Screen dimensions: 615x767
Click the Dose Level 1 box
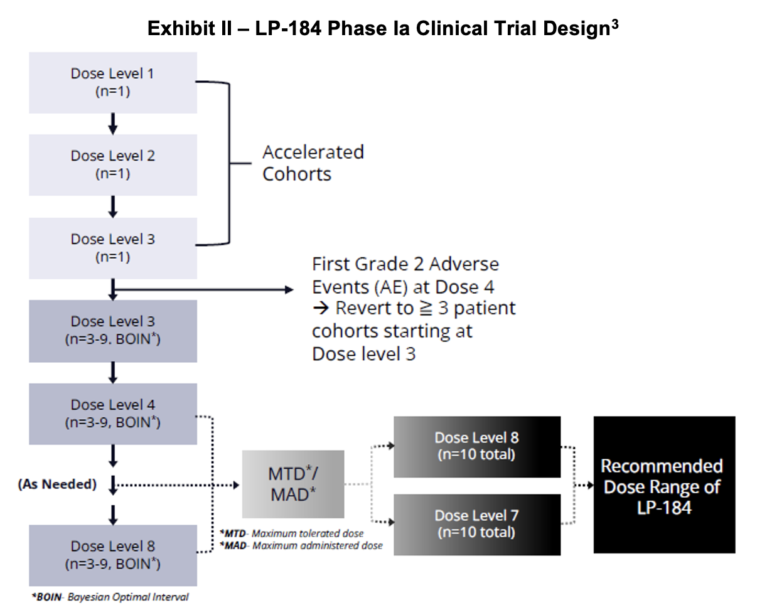(x=113, y=82)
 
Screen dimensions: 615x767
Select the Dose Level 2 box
(x=113, y=164)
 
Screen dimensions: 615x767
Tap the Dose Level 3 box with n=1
(x=113, y=248)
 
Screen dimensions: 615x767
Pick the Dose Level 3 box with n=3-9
(x=113, y=330)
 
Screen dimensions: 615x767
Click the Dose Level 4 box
(x=113, y=414)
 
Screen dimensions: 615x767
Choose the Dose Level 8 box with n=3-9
(x=113, y=555)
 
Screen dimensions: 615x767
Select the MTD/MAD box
(x=293, y=484)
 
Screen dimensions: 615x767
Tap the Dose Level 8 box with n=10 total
(x=476, y=446)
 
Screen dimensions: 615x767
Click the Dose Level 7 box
(x=476, y=524)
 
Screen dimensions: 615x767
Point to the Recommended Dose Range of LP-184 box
(x=663, y=485)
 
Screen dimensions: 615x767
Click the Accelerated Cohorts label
(x=313, y=163)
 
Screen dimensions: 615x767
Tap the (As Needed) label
(x=57, y=484)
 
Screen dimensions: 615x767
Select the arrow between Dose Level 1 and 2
(x=113, y=124)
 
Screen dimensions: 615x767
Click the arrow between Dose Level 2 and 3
(x=113, y=206)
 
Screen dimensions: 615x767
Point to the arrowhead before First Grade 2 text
(x=289, y=289)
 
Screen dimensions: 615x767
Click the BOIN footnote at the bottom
(x=110, y=597)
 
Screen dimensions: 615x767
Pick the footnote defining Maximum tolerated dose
(x=292, y=533)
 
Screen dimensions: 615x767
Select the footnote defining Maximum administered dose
(x=301, y=545)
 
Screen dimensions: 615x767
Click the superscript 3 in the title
(x=614, y=24)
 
